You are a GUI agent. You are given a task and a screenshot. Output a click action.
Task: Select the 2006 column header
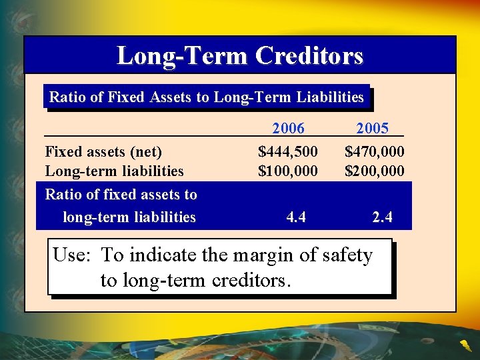coord(288,128)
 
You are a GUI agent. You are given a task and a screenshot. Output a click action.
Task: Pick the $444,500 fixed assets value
coord(288,153)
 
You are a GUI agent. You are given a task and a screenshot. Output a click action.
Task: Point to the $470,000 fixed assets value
coord(374,153)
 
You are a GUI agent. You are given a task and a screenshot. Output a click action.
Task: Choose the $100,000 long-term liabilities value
coord(288,171)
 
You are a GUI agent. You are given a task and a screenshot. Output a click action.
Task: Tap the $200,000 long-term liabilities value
coord(374,171)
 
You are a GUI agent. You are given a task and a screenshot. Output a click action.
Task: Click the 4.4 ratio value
coord(296,217)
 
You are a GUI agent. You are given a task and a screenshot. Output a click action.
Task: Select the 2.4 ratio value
coord(382,217)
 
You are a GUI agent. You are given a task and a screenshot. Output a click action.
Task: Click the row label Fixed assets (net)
coord(103,153)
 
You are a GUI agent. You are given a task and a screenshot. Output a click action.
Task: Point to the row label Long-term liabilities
coord(114,171)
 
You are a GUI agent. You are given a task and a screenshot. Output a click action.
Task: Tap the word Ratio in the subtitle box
coord(67,97)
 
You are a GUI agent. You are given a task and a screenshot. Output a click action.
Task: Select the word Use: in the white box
coord(74,255)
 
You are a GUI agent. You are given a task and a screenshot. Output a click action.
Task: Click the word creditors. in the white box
coord(251,280)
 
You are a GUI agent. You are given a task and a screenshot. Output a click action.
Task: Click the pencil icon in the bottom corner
coord(465,345)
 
